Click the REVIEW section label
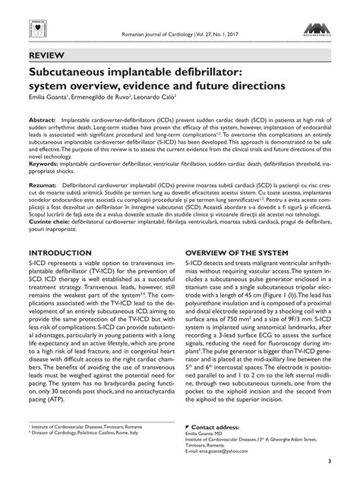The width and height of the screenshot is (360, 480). click(x=47, y=56)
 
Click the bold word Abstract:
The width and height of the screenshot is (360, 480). click(x=43, y=122)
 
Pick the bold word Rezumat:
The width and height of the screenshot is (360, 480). click(x=44, y=185)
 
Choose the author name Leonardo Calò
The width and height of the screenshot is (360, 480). click(x=160, y=96)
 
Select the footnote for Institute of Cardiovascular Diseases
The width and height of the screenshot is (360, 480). click(x=84, y=428)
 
